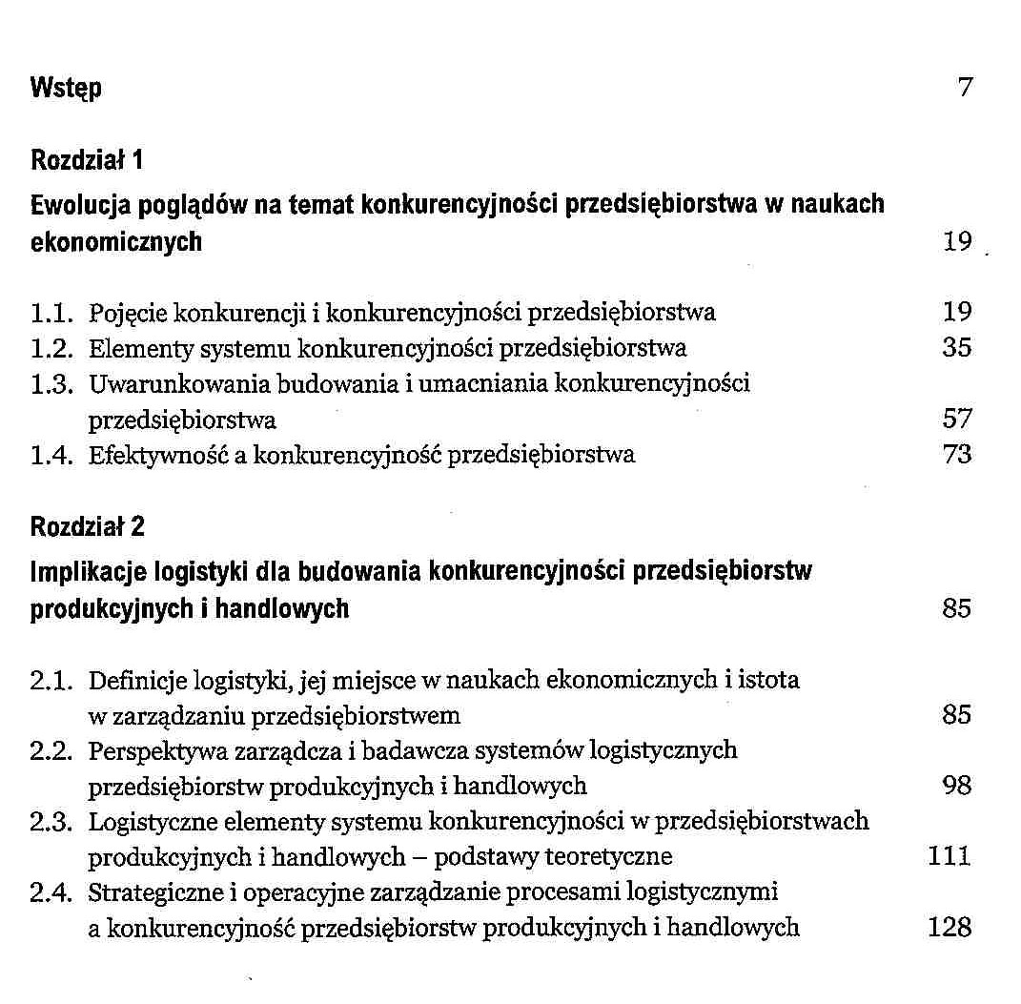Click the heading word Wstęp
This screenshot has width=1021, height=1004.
pos(66,90)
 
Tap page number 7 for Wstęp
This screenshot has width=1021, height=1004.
pos(965,89)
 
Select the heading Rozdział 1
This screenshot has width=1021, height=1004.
pos(87,159)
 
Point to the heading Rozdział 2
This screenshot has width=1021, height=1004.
pos(88,525)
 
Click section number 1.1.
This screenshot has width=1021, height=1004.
pos(51,312)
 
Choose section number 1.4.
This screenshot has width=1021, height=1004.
pos(51,455)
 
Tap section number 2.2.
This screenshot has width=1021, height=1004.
pos(51,750)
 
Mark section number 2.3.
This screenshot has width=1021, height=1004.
pos(51,821)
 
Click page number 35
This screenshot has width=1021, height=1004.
pos(956,348)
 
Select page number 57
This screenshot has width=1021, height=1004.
pos(956,419)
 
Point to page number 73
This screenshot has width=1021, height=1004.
pos(956,455)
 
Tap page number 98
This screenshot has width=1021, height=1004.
pos(956,786)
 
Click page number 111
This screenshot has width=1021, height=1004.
pos(950,856)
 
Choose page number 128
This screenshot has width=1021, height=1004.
pos(950,927)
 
